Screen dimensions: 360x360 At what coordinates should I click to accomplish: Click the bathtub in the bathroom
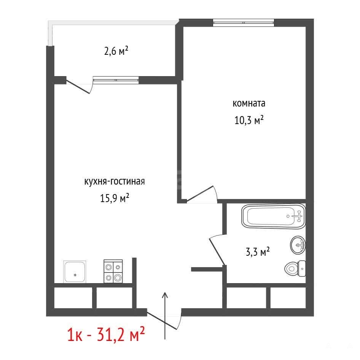coord(273,216)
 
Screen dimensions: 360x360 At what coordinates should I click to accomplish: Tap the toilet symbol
coord(295,268)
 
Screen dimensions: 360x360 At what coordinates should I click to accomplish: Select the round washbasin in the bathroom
coord(298,245)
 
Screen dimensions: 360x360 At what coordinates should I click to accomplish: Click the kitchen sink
coord(75,272)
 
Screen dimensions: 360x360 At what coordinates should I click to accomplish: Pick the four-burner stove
coord(113,271)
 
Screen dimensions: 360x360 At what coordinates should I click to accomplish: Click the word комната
coord(249,103)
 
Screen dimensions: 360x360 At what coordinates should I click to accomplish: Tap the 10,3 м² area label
coord(249,120)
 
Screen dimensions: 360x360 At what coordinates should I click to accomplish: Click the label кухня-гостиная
coord(115,182)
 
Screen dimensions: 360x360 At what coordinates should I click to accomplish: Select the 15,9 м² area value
coord(115,198)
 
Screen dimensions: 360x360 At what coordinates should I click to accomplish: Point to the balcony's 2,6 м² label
coord(116,51)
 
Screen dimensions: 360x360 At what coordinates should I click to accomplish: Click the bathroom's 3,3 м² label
coord(258,252)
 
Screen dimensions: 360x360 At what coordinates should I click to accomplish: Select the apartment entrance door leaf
coord(162,321)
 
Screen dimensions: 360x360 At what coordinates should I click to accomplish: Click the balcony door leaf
coord(78,86)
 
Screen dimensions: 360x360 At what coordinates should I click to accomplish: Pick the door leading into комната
coord(200,194)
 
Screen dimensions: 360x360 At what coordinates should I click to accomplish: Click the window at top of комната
coord(244,22)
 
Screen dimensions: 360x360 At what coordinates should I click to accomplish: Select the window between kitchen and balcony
coord(116,80)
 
